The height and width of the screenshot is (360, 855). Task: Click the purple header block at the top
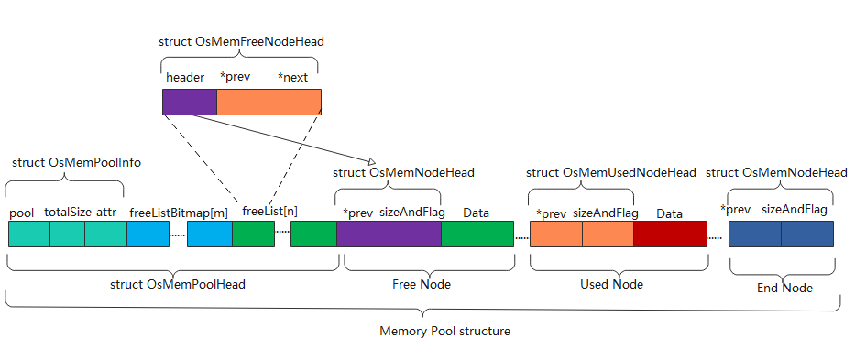tap(190, 102)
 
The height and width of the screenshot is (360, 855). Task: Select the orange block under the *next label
tap(295, 102)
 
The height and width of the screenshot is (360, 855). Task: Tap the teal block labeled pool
tap(28, 235)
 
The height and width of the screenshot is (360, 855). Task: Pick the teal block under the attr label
tap(105, 235)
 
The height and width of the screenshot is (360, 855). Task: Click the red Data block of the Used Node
tap(669, 235)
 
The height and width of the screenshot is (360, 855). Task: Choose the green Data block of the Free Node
tap(477, 235)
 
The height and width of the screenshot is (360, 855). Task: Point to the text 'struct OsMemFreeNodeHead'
tap(241, 41)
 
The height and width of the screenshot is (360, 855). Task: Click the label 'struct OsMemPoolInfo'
tap(69, 162)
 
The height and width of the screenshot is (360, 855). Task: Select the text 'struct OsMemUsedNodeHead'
tap(611, 172)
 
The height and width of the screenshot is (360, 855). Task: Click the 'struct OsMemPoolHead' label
tap(177, 284)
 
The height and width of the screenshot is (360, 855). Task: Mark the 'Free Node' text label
tap(422, 284)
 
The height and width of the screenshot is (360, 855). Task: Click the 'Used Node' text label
tap(611, 284)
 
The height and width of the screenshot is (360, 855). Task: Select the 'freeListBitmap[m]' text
tap(178, 213)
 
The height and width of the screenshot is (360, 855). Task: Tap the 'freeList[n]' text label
tap(269, 211)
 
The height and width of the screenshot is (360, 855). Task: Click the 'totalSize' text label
tap(68, 213)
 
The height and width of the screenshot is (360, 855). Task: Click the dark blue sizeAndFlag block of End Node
tap(807, 235)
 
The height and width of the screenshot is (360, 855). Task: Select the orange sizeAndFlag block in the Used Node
tap(608, 235)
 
